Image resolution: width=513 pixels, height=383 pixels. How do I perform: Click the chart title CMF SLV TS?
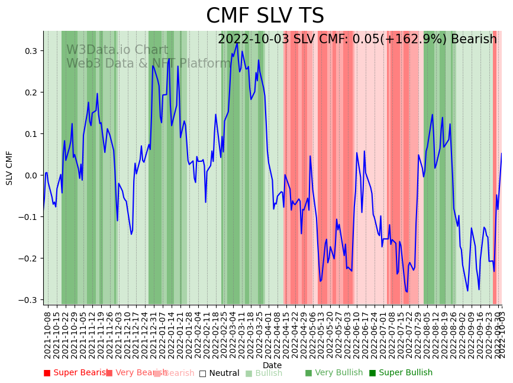pos(265,16)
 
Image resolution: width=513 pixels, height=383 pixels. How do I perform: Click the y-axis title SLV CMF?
pos(9,168)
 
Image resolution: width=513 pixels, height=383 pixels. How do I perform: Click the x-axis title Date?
pos(272,365)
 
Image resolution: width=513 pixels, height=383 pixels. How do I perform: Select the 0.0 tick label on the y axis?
pos(30,175)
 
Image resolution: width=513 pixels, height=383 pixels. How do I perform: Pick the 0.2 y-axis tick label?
pos(30,92)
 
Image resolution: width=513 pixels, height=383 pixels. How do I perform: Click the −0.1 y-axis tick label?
pos(28,217)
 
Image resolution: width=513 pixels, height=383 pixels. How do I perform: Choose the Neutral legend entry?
pos(220,373)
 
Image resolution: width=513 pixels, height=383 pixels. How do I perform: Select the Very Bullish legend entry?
pos(334,373)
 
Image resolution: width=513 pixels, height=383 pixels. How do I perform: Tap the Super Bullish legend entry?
pos(401,373)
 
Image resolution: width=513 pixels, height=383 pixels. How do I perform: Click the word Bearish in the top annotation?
pos(474,40)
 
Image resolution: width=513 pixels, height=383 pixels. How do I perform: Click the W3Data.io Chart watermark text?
pos(117,50)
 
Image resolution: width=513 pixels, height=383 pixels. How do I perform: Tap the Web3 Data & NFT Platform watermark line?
pos(149,63)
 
